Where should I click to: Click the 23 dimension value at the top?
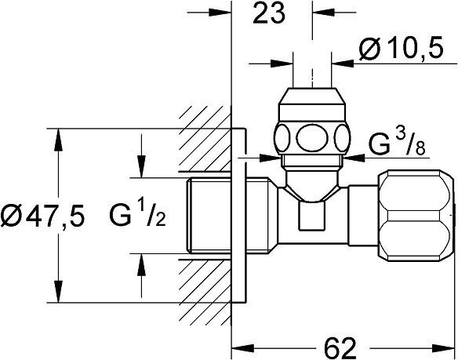269,13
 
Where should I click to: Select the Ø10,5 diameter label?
401,48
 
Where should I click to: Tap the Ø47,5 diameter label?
42,216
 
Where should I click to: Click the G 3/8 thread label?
396,143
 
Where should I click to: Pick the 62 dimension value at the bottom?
340,348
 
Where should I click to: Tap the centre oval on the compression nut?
311,137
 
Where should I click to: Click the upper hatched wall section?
205,138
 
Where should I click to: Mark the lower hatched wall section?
205,293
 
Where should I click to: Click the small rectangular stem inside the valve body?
311,216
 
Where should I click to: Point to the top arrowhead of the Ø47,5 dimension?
58,140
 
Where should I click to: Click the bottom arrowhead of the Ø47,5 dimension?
58,292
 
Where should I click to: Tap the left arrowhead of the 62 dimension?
243,348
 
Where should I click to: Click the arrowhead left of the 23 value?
220,13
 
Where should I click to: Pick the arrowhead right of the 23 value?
324,13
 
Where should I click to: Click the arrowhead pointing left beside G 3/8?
354,158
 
